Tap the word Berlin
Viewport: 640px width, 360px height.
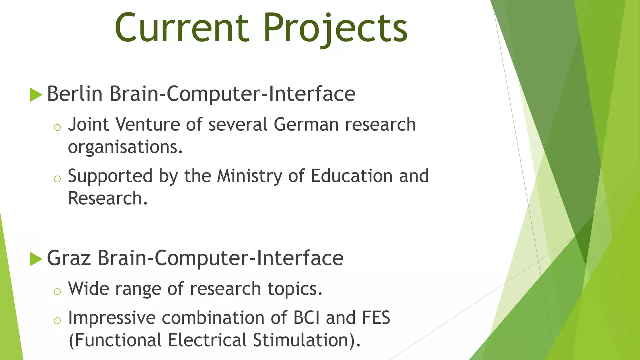(75, 93)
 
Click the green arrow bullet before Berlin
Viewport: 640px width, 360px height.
(36, 95)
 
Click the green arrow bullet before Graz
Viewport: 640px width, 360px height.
(36, 259)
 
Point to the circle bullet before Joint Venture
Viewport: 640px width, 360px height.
(57, 127)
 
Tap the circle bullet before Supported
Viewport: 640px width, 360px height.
(57, 179)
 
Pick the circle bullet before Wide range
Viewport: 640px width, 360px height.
(57, 292)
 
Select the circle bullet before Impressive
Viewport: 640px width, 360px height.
(57, 321)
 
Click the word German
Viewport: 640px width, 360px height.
(306, 124)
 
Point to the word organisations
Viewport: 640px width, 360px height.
(125, 147)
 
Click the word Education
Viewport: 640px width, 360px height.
(352, 176)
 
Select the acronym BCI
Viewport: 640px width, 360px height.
(307, 318)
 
